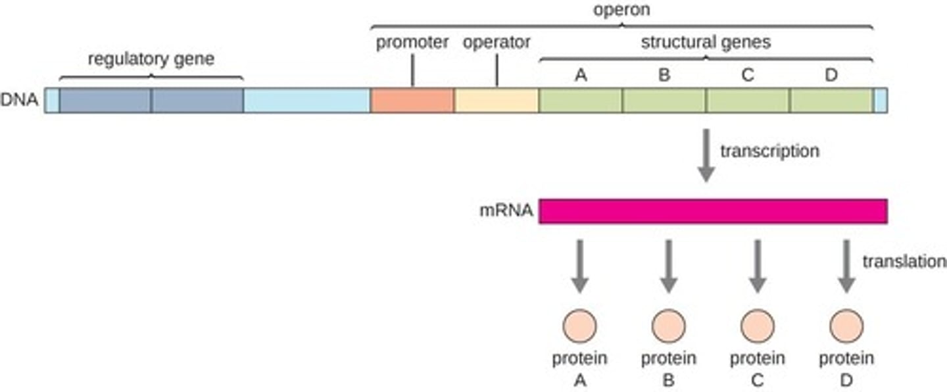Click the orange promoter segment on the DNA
[412, 101]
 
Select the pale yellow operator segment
[497, 101]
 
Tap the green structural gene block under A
[581, 101]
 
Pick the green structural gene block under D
[831, 101]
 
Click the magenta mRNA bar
[713, 211]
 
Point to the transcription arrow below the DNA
[706, 155]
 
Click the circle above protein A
[579, 326]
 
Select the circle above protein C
[758, 326]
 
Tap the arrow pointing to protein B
[668, 266]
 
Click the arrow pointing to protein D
[846, 266]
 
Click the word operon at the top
[622, 11]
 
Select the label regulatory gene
[151, 59]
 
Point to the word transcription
[769, 151]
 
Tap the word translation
[904, 262]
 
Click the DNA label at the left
[20, 101]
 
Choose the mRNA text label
[506, 212]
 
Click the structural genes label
[706, 43]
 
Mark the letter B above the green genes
[664, 76]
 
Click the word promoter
[412, 43]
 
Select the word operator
[497, 43]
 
